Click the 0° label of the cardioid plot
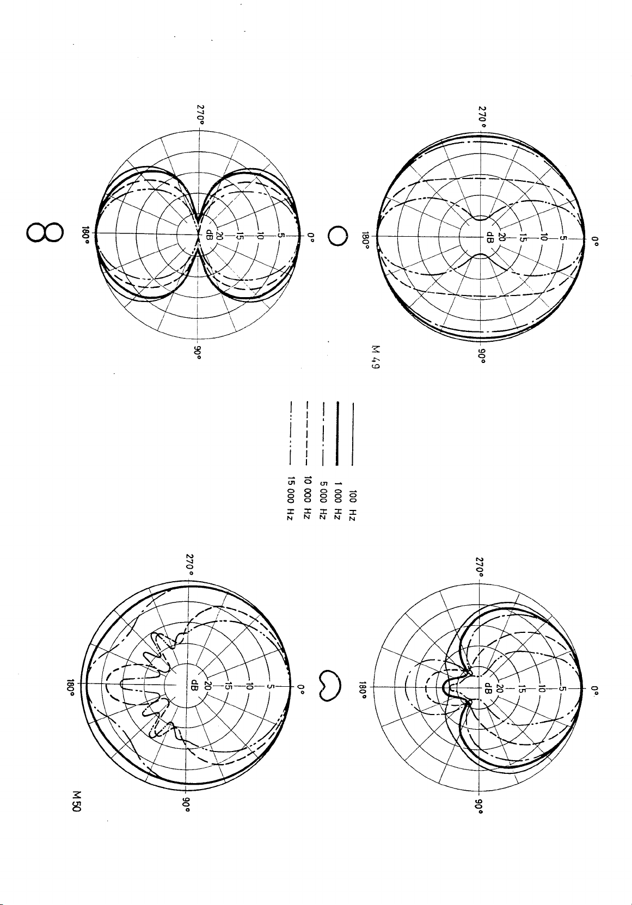596,690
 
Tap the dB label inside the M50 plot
193,684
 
